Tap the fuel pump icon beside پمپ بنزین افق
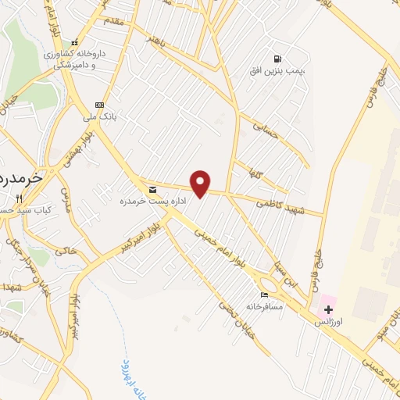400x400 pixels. (277, 59)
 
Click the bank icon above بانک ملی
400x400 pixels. (99, 105)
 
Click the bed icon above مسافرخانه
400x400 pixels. (264, 295)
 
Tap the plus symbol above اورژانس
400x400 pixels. (328, 310)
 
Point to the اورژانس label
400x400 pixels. (328, 322)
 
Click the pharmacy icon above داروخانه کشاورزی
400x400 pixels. (74, 43)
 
